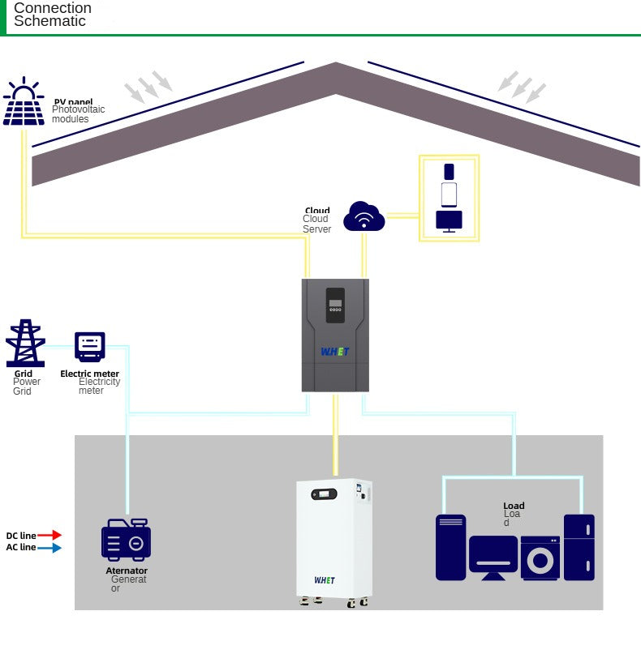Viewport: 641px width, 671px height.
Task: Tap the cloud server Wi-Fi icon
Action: click(x=364, y=216)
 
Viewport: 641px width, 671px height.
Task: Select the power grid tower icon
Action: click(x=25, y=344)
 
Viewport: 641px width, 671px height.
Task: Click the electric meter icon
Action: click(x=89, y=346)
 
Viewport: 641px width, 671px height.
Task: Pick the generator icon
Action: click(x=126, y=540)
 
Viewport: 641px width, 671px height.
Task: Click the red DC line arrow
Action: click(x=49, y=535)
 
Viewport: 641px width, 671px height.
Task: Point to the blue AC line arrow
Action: click(x=49, y=548)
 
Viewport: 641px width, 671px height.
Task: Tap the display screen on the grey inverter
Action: click(x=335, y=304)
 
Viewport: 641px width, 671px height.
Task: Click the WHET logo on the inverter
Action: click(x=334, y=352)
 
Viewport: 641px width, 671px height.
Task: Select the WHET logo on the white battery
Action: click(x=325, y=580)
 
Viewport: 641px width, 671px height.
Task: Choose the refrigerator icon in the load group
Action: click(x=579, y=547)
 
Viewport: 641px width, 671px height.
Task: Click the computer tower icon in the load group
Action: click(x=450, y=547)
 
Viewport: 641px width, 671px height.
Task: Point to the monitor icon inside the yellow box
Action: click(x=449, y=220)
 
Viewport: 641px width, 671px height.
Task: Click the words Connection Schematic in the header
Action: click(x=52, y=15)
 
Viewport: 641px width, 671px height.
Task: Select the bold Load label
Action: click(x=514, y=506)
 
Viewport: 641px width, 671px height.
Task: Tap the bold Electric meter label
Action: click(x=89, y=374)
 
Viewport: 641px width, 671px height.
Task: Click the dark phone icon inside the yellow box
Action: click(x=449, y=172)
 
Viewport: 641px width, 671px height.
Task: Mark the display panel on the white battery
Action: click(x=325, y=494)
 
